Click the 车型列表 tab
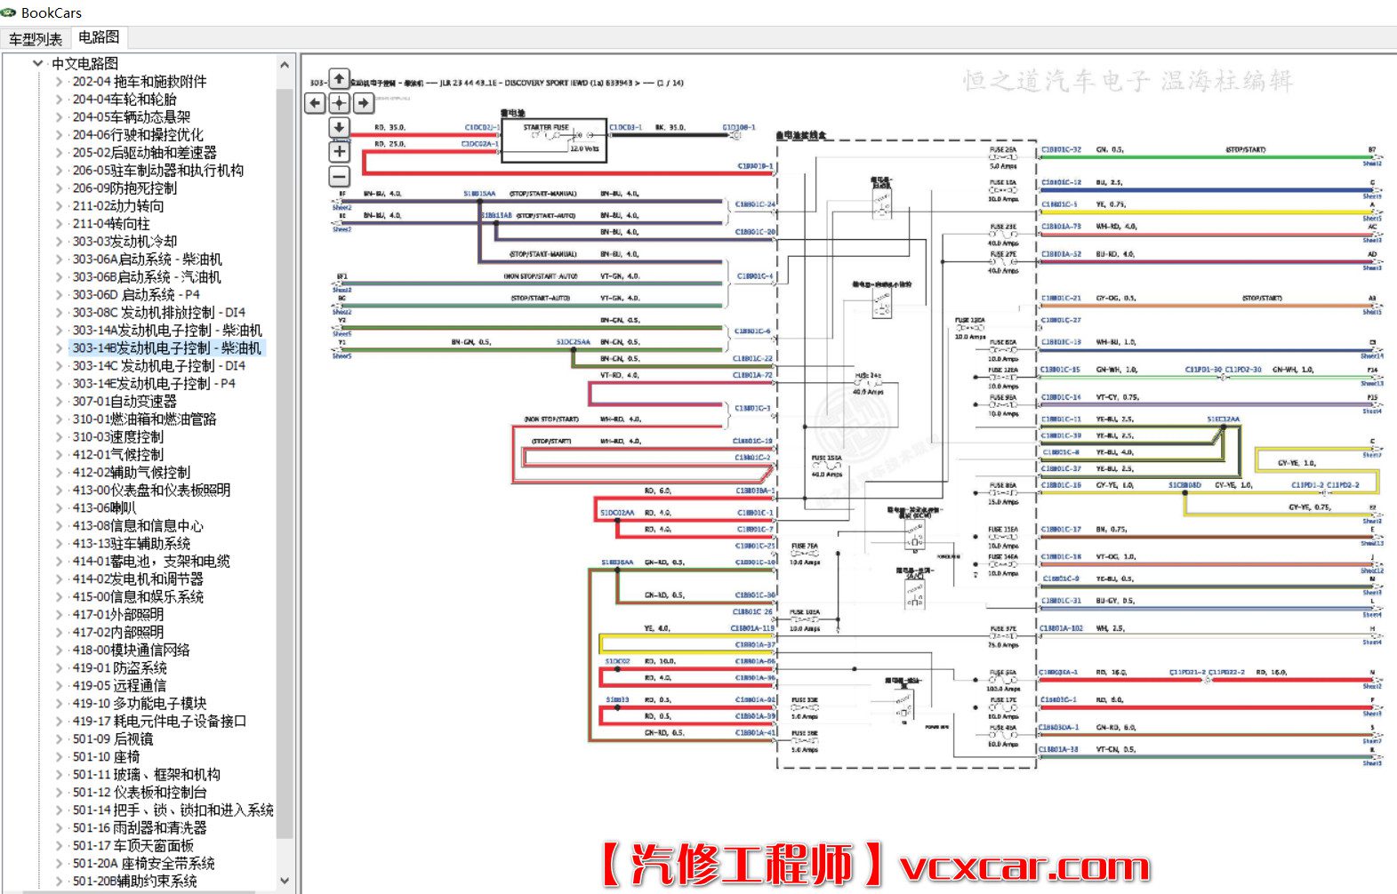pyautogui.click(x=36, y=38)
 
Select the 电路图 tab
pyautogui.click(x=98, y=37)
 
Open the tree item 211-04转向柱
pyautogui.click(x=111, y=224)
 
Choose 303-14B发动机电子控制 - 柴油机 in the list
pyautogui.click(x=166, y=348)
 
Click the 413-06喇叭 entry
pyautogui.click(x=104, y=508)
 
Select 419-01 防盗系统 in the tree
pyautogui.click(x=119, y=668)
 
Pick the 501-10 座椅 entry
pyautogui.click(x=106, y=757)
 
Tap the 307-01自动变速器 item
pyautogui.click(x=124, y=402)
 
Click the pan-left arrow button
pyautogui.click(x=316, y=103)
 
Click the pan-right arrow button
pyautogui.click(x=363, y=103)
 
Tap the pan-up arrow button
pyautogui.click(x=339, y=79)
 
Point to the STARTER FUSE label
pyautogui.click(x=545, y=127)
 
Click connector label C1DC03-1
pyautogui.click(x=625, y=127)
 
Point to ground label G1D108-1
pyautogui.click(x=738, y=127)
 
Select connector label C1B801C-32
pyautogui.click(x=1061, y=149)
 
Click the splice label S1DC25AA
pyautogui.click(x=573, y=341)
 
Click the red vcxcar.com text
pyautogui.click(x=1024, y=866)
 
